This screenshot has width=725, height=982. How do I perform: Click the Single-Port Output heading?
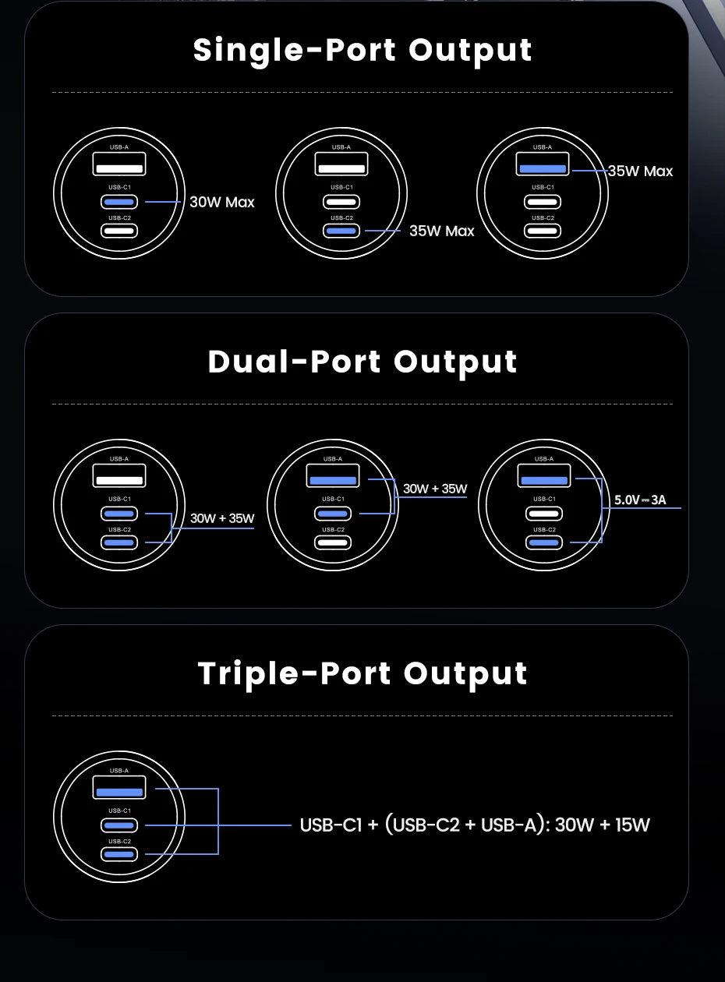[x=362, y=50]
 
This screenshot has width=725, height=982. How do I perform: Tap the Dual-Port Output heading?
[x=362, y=362]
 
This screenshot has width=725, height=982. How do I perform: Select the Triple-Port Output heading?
[x=362, y=673]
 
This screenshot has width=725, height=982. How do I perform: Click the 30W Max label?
[x=222, y=202]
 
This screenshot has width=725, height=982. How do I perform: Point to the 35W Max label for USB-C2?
[x=441, y=231]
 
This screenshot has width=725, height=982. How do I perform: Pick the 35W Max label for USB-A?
[x=640, y=171]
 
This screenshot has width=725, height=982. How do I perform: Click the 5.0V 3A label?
[x=640, y=500]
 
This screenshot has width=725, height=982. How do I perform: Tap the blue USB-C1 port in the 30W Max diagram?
[x=119, y=202]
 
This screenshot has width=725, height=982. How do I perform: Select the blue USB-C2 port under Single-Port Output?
[x=341, y=231]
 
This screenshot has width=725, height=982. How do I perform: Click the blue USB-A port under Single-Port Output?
[x=543, y=164]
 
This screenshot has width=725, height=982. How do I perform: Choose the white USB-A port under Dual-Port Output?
[x=119, y=475]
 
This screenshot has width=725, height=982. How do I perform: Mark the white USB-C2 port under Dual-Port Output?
[x=333, y=542]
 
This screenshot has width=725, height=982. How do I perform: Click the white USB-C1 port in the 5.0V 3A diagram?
[x=544, y=514]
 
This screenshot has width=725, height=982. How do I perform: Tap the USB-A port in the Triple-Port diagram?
[x=119, y=787]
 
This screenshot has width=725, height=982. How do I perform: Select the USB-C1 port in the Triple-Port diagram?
[x=119, y=825]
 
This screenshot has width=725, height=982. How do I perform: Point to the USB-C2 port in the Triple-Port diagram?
[x=119, y=854]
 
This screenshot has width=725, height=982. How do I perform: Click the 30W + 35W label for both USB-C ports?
[x=222, y=518]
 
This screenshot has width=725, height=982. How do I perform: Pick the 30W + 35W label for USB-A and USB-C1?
[x=435, y=489]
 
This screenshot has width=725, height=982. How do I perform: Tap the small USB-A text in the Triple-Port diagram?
[x=119, y=770]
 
